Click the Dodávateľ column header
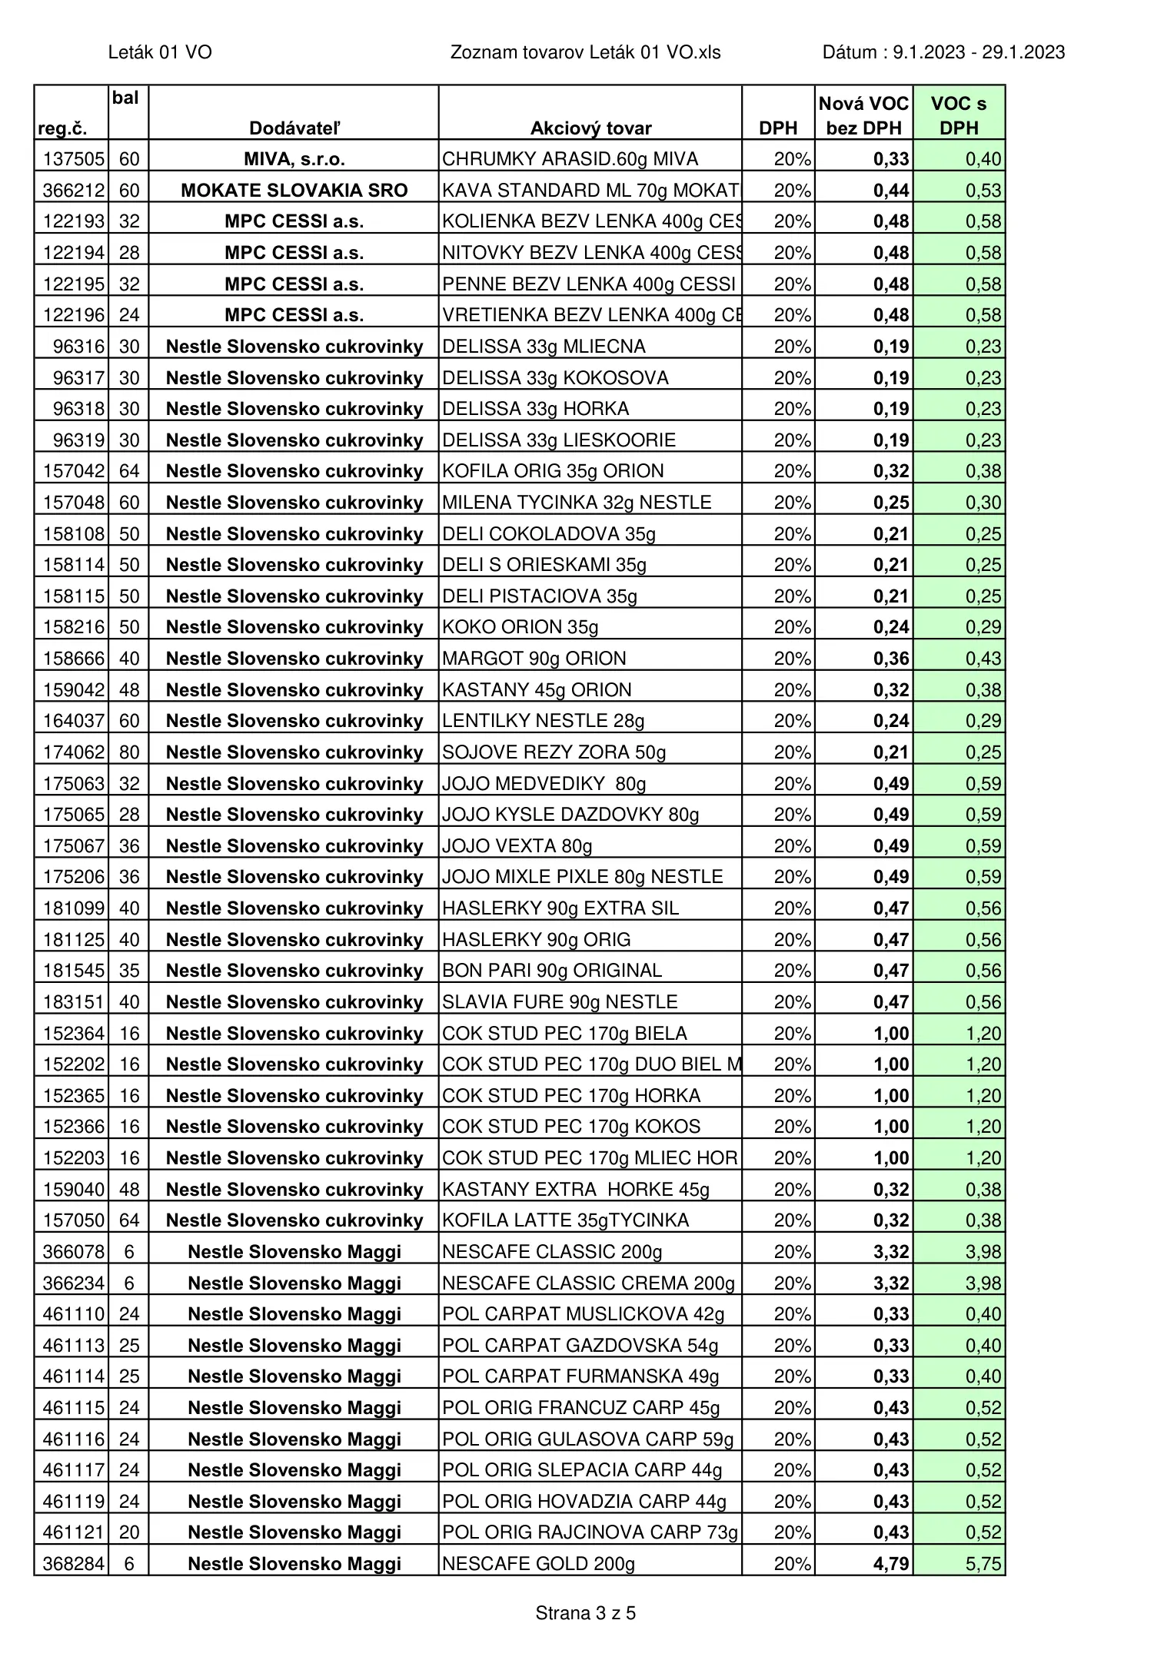coord(294,128)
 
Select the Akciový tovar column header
coord(590,128)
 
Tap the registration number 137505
coord(73,159)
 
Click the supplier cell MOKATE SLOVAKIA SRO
coord(294,191)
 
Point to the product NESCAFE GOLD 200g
coord(538,1564)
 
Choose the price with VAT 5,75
coord(983,1564)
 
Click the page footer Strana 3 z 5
coord(585,1613)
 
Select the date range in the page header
coord(943,52)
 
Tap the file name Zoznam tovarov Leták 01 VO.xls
coord(585,52)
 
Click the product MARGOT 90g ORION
coord(534,659)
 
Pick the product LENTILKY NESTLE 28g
coord(544,721)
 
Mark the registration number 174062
coord(73,752)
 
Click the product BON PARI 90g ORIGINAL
coord(552,971)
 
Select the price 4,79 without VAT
coord(890,1564)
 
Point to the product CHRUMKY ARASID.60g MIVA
coord(570,159)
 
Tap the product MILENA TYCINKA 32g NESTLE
coord(577,503)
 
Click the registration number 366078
coord(73,1252)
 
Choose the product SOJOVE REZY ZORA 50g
coord(554,752)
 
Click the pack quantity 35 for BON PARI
coord(129,971)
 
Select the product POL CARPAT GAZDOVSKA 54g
coord(580,1346)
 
